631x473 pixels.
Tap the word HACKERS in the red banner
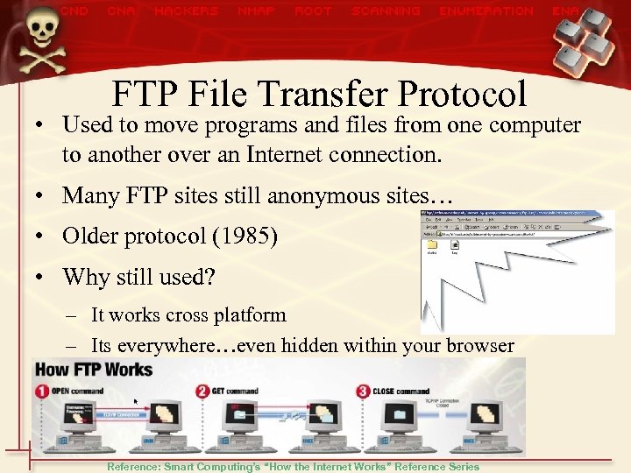pyautogui.click(x=186, y=11)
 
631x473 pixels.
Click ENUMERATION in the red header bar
pyautogui.click(x=486, y=11)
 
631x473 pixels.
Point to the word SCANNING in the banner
pyautogui.click(x=386, y=11)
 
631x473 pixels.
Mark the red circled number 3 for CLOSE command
pyautogui.click(x=361, y=391)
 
